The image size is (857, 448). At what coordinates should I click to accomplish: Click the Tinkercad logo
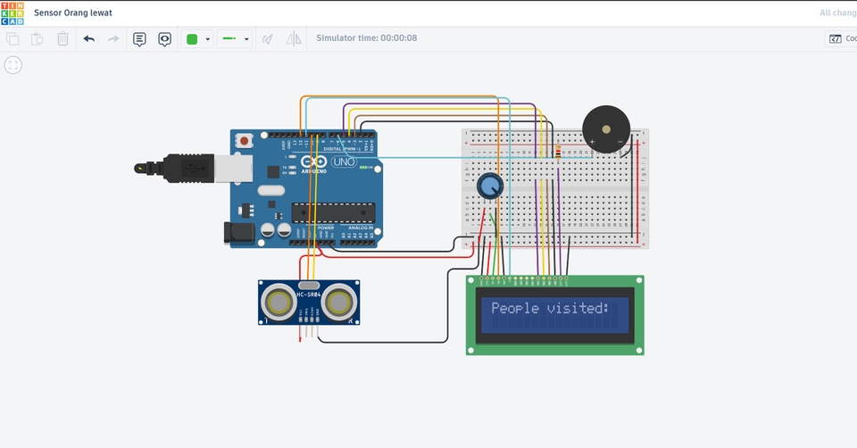point(12,13)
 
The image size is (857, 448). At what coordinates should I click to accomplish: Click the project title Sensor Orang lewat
point(73,13)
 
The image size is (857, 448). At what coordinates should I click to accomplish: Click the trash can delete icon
point(62,39)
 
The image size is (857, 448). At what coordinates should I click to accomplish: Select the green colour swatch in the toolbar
point(191,39)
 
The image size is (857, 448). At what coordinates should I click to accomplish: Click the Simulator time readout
point(366,38)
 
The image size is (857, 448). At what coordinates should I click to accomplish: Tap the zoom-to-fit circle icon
point(13,65)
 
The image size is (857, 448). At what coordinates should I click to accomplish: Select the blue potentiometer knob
point(489,187)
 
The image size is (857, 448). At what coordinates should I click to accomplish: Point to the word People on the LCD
point(515,309)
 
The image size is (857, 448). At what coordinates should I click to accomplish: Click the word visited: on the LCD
point(577,309)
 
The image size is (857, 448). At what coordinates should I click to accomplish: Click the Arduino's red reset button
point(245,141)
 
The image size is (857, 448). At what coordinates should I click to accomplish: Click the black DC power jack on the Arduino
point(238,233)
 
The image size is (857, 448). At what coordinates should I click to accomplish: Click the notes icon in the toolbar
point(139,39)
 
